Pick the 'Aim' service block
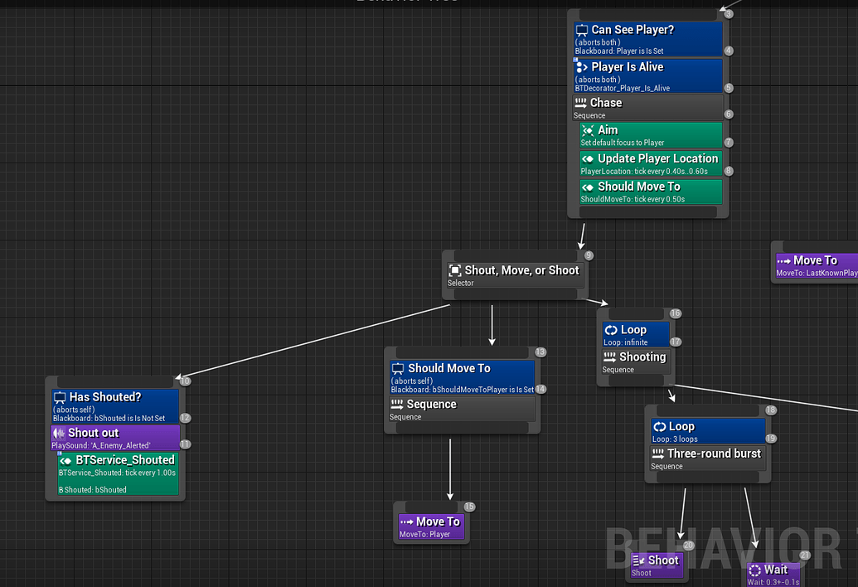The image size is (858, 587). [x=651, y=135]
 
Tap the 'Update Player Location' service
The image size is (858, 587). [x=651, y=163]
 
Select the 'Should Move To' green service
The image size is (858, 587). [x=651, y=192]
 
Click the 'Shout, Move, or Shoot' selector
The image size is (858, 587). [x=513, y=274]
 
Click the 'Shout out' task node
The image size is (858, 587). [x=115, y=438]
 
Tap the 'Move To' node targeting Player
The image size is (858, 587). [x=430, y=526]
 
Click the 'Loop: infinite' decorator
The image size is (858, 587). [x=636, y=334]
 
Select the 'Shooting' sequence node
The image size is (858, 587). [x=636, y=361]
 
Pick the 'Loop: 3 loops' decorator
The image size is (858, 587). [x=708, y=431]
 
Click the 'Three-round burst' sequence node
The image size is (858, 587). [x=708, y=458]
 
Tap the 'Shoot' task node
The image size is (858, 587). [x=657, y=565]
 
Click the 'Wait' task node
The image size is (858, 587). [x=773, y=573]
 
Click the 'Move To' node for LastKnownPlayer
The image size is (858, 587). [x=814, y=264]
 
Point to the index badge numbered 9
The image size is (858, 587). [x=589, y=255]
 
